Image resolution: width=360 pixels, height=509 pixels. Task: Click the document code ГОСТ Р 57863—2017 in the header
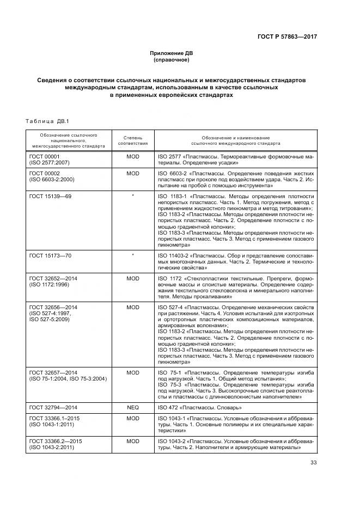pyautogui.click(x=287, y=36)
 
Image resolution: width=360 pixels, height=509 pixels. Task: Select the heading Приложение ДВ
pyautogui.click(x=172, y=53)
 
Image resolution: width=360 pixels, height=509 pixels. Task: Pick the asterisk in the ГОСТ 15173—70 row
pyautogui.click(x=133, y=255)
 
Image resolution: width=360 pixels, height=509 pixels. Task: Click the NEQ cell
pyautogui.click(x=133, y=407)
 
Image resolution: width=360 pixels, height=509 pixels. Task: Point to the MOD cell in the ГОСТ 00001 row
pyautogui.click(x=133, y=156)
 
